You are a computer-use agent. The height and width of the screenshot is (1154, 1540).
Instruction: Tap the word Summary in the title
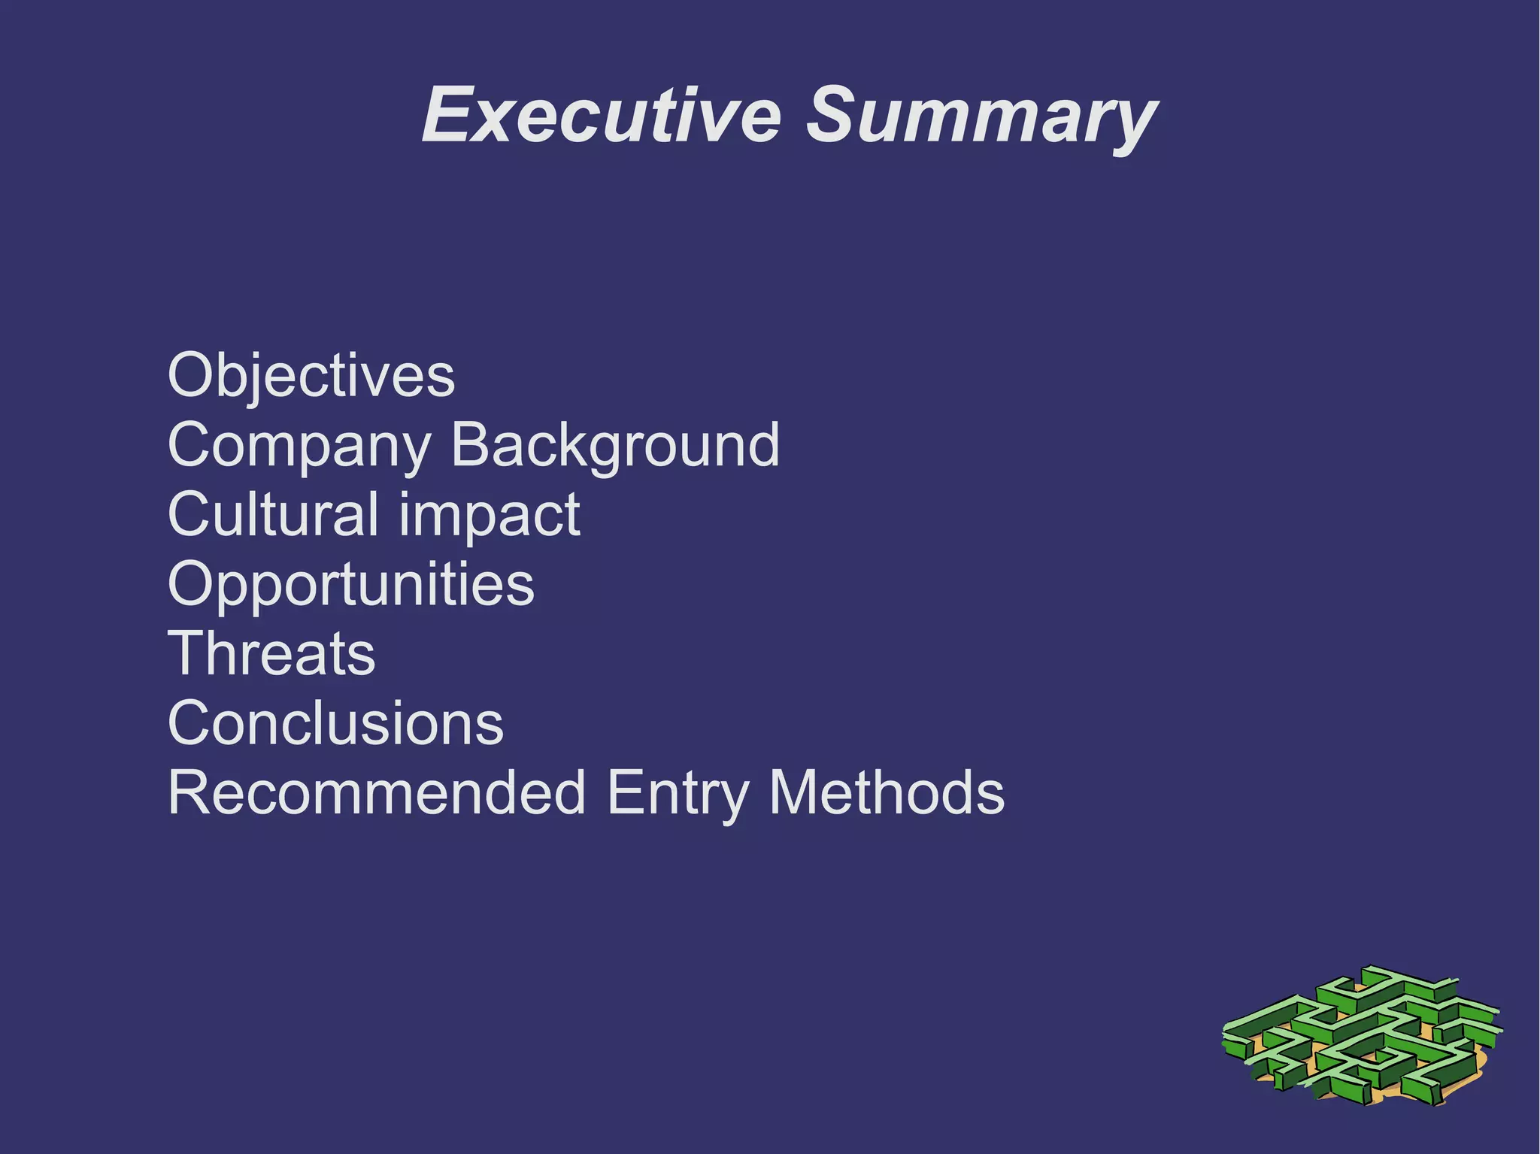click(981, 117)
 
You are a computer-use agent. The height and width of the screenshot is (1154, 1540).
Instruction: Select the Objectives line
click(311, 375)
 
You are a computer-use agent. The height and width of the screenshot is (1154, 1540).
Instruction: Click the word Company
click(299, 446)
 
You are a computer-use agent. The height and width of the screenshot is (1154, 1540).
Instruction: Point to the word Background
click(615, 445)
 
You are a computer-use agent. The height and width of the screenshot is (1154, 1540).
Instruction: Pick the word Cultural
click(273, 514)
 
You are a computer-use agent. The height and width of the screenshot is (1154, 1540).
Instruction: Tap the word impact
click(490, 516)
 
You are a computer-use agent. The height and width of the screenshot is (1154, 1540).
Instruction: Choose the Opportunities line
click(351, 585)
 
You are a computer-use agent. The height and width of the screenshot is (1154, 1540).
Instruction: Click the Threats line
click(271, 653)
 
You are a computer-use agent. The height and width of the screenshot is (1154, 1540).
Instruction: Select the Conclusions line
click(335, 723)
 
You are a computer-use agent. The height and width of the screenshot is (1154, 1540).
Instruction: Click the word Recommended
click(377, 792)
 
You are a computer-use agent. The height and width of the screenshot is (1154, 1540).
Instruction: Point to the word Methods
click(887, 792)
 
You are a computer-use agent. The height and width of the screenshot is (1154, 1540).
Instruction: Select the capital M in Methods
click(796, 792)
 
